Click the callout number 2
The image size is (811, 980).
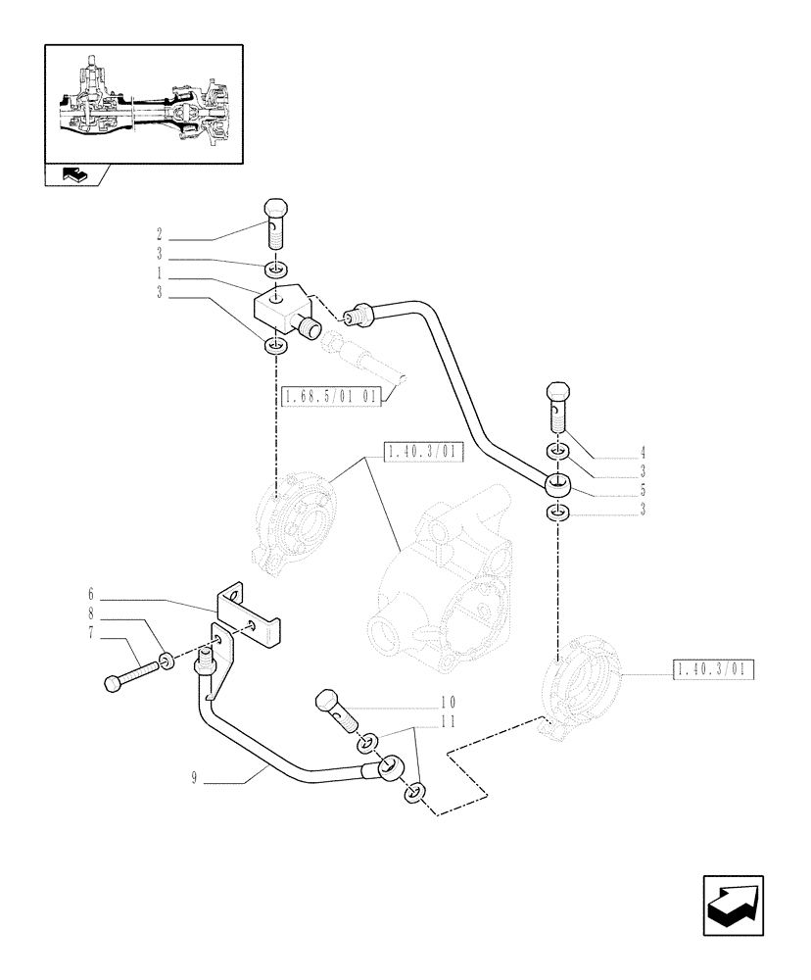tap(158, 235)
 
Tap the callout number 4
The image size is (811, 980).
tap(644, 452)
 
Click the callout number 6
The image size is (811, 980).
tap(90, 594)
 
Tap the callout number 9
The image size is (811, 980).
tap(197, 780)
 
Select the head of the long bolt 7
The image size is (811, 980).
tap(113, 681)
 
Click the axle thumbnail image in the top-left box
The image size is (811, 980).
tap(144, 104)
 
